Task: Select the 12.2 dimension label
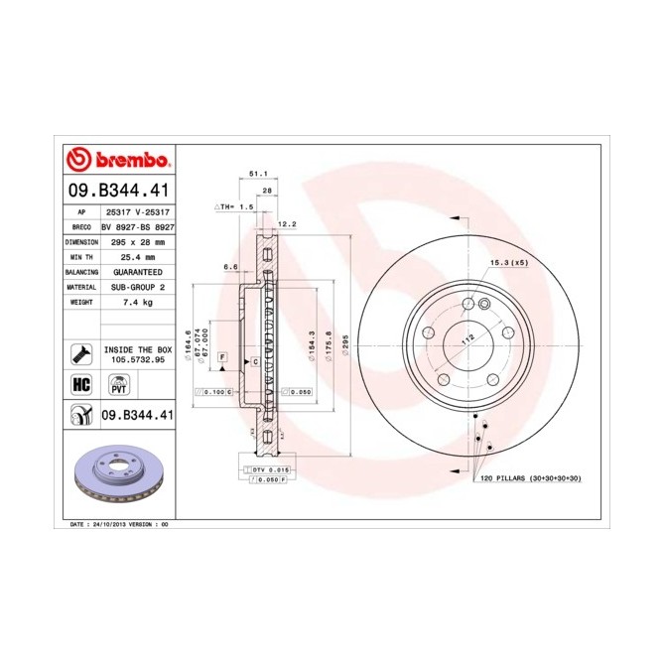point(288,224)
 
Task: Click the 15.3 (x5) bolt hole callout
point(508,262)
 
